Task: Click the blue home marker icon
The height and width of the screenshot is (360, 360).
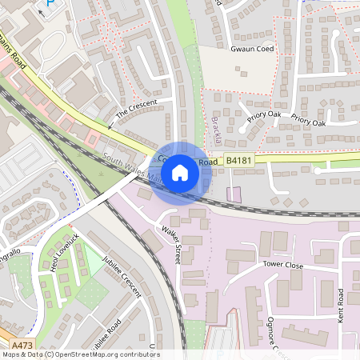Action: tap(180, 172)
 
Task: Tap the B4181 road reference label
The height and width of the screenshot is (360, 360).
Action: tap(238, 161)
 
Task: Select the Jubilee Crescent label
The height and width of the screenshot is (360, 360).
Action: tap(121, 279)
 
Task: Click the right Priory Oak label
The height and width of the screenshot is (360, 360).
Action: tap(308, 122)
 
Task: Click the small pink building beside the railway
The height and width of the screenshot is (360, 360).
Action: tap(234, 194)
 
